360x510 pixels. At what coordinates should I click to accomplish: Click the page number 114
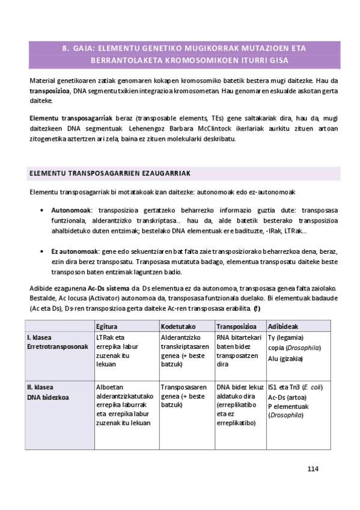pyautogui.click(x=313, y=469)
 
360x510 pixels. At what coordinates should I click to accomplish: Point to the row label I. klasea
pyautogui.click(x=39, y=337)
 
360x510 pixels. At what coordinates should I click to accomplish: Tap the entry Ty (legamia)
pyautogui.click(x=286, y=337)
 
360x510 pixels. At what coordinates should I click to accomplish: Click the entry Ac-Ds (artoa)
pyautogui.click(x=286, y=397)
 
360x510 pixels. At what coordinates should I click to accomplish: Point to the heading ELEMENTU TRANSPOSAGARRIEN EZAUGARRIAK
pyautogui.click(x=109, y=173)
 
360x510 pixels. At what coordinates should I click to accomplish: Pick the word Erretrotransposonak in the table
pyautogui.click(x=58, y=347)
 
